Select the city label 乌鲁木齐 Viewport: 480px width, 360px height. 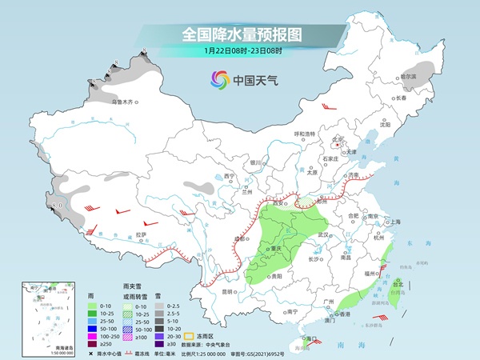coord(125,102)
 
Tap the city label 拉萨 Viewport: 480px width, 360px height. coord(141,234)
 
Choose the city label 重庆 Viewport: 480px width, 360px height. coord(278,248)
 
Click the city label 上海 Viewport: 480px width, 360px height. coord(394,222)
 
